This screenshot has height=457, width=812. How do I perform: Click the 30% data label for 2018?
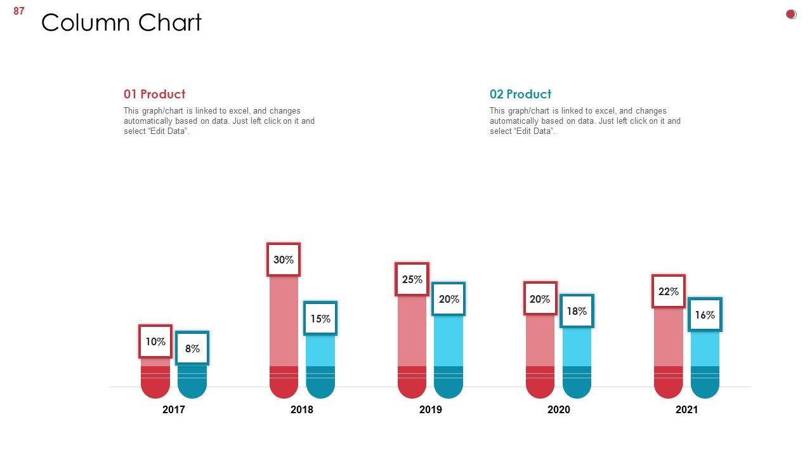tap(284, 260)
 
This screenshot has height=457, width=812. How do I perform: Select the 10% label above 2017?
tap(155, 341)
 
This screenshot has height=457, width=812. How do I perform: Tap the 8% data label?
tap(192, 348)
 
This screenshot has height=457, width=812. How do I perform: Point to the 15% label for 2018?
tap(320, 319)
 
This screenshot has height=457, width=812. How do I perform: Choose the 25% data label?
tap(412, 279)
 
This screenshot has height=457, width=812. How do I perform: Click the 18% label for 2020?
tap(577, 311)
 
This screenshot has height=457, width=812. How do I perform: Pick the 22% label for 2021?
tap(669, 291)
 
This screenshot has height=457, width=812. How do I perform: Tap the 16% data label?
tap(705, 315)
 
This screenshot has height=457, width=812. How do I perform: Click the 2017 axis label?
tap(174, 409)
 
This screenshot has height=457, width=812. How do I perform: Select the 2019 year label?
tap(431, 409)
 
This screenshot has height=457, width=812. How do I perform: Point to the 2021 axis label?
tap(687, 409)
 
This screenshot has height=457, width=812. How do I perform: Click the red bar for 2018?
tap(284, 330)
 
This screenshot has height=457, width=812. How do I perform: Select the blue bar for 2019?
tap(449, 349)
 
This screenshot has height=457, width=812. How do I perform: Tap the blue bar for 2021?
tap(705, 359)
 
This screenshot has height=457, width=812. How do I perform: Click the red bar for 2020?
tap(540, 349)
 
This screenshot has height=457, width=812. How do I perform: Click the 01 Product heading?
tap(154, 94)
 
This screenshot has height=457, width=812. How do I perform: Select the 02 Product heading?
tap(520, 94)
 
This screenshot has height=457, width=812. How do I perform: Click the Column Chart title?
tap(121, 23)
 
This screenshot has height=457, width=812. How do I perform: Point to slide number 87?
tap(19, 11)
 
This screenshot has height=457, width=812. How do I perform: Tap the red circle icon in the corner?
tap(791, 14)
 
